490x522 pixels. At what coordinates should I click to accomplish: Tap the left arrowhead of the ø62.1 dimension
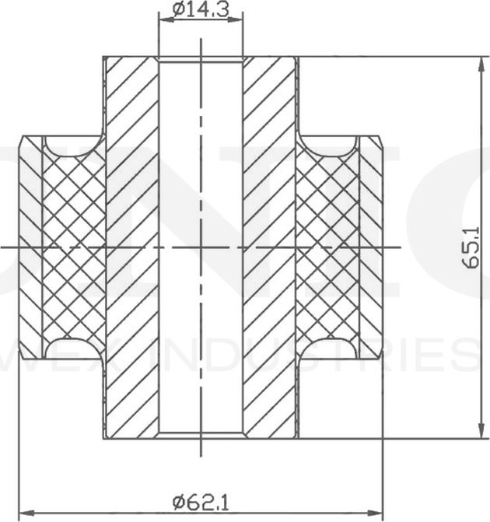(x=23, y=513)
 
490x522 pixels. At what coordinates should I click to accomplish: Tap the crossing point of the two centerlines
(x=201, y=247)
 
